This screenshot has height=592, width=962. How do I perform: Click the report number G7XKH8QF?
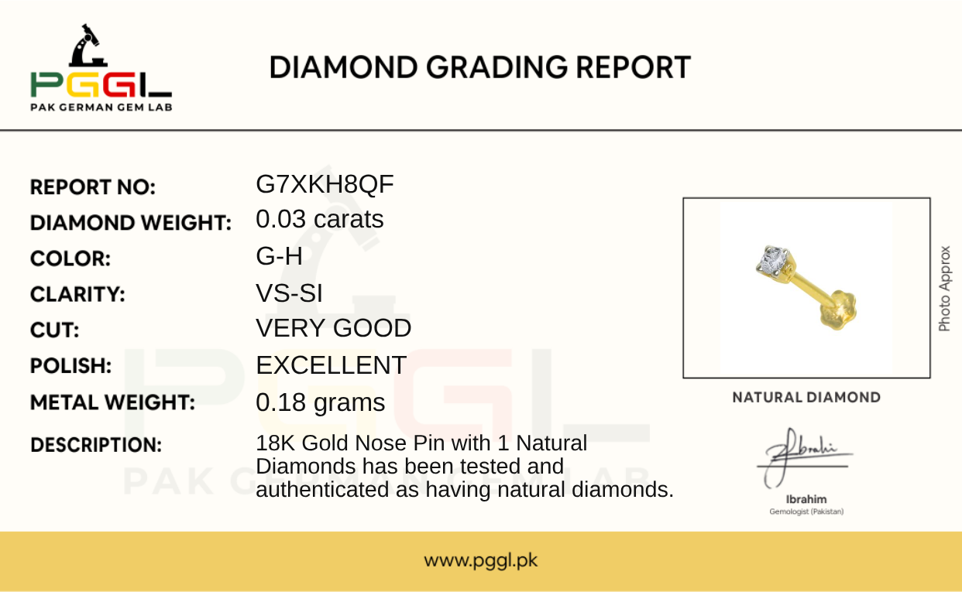325,184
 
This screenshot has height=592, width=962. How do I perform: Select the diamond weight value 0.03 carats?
320,219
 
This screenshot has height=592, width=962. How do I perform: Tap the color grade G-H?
279,256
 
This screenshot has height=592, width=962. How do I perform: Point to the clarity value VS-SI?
289,293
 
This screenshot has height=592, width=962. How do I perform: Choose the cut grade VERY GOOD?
334,328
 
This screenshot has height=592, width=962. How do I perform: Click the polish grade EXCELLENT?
331,365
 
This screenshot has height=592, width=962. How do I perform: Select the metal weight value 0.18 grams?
321,402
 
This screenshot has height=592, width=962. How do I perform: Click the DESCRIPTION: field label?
96,445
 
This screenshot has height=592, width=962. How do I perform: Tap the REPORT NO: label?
93,187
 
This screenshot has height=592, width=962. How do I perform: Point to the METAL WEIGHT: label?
112,402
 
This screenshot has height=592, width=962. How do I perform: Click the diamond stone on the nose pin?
773,259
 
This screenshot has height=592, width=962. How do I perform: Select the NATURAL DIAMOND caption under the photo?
806,398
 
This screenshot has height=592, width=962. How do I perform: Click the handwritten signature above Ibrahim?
802,457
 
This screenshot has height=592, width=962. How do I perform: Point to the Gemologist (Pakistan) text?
806,512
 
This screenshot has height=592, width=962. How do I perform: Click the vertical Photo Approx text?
944,289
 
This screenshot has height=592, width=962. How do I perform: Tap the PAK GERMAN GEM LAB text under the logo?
101,108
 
